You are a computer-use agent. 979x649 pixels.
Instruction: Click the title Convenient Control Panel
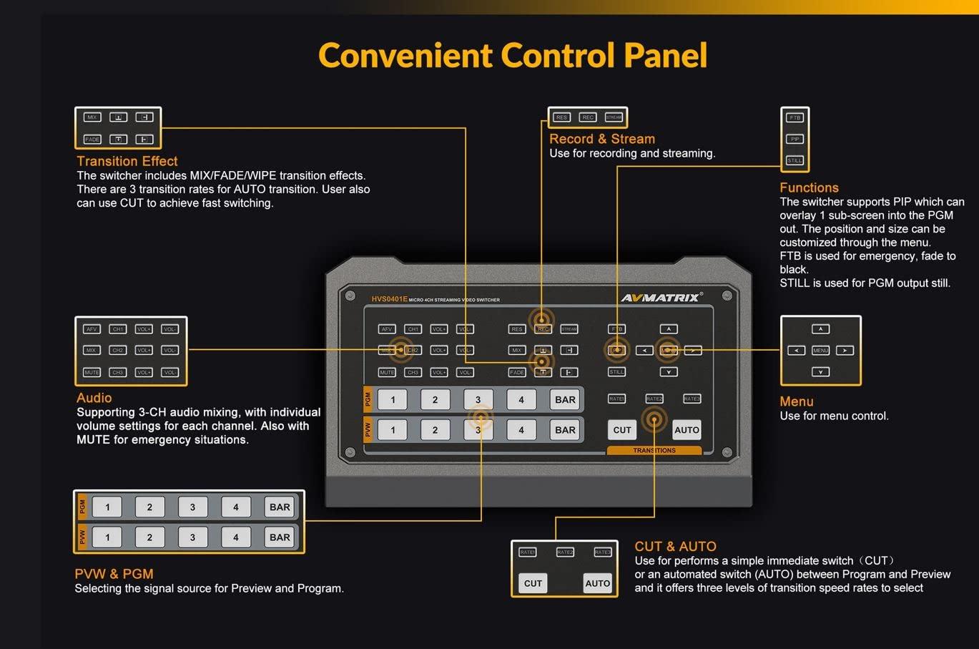pos(512,56)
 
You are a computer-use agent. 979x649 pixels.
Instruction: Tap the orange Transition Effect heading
pos(127,161)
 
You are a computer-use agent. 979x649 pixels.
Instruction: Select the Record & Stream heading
pos(601,139)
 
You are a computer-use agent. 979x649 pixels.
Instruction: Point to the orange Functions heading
pos(809,187)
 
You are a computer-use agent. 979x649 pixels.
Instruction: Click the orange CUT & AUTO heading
pos(675,546)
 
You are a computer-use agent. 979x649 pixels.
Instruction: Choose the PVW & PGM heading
pos(114,574)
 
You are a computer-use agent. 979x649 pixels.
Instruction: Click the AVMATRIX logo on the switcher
pos(661,297)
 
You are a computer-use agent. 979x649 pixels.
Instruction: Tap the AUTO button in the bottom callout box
pos(597,583)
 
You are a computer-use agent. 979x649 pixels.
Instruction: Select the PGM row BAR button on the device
pos(565,400)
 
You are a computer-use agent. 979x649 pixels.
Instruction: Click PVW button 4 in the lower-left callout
pos(235,537)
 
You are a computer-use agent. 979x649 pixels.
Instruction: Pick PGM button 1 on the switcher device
pos(393,400)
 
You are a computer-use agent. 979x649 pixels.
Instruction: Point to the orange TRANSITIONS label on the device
pos(654,451)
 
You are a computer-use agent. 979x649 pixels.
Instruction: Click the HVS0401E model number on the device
pos(389,299)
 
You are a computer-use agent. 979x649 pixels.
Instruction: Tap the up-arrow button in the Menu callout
pos(820,329)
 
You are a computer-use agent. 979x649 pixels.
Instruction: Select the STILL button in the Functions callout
pos(794,160)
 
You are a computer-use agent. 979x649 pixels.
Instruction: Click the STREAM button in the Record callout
pos(614,117)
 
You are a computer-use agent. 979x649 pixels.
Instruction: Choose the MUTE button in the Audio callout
pos(92,372)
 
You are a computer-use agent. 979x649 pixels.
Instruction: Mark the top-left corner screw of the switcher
pos(350,296)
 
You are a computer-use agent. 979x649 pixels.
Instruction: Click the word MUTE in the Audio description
pos(93,439)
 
